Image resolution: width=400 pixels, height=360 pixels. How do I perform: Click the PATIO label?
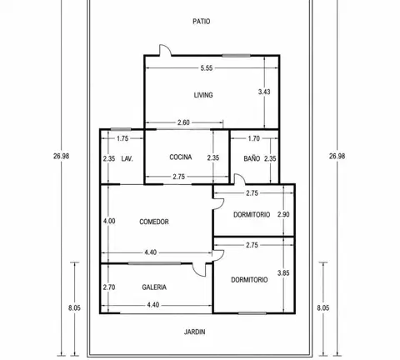(x=202, y=22)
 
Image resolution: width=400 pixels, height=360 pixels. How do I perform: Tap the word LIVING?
(x=203, y=95)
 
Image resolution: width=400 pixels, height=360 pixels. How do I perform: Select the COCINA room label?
(x=181, y=157)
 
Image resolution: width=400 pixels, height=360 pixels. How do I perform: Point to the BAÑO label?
(x=252, y=158)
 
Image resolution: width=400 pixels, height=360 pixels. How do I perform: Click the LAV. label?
(x=127, y=159)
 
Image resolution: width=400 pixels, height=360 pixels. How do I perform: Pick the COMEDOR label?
(x=154, y=222)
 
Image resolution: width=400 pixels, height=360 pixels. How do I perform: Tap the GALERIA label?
(x=154, y=287)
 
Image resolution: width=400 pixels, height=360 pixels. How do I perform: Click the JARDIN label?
(x=195, y=332)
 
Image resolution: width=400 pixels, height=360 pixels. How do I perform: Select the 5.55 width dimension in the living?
(x=207, y=68)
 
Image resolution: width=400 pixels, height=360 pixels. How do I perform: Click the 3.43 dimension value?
(x=264, y=92)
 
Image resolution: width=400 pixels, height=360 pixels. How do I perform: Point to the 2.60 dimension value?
(x=183, y=122)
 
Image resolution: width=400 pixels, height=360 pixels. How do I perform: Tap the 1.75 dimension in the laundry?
(x=122, y=138)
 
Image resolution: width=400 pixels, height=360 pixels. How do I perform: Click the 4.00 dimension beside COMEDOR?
(x=109, y=221)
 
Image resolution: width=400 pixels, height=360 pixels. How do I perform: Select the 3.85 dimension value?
(x=283, y=273)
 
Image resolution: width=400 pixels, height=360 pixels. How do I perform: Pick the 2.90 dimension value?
(x=283, y=214)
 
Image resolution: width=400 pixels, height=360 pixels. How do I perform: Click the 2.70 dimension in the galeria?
(x=109, y=287)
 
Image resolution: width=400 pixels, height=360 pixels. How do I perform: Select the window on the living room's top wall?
(x=236, y=56)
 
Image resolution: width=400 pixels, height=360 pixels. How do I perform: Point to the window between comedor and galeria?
(x=154, y=263)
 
